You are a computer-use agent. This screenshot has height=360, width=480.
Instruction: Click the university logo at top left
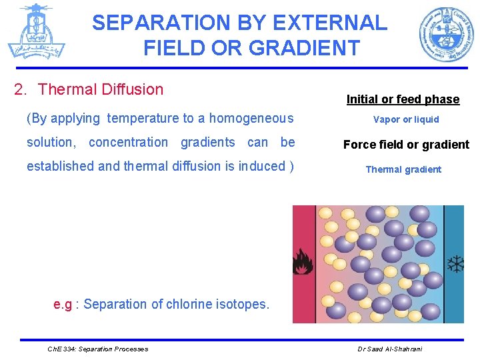(x=36, y=31)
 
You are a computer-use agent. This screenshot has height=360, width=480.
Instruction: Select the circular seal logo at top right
(x=447, y=33)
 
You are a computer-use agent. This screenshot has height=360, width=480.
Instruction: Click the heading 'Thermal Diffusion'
(x=101, y=89)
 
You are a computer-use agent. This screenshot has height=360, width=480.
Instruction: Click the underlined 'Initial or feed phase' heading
(x=403, y=99)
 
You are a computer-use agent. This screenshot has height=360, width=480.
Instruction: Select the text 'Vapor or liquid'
(x=406, y=119)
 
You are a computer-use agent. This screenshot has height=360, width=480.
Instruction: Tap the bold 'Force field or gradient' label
(x=406, y=145)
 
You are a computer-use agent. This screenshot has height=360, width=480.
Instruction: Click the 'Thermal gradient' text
(x=403, y=169)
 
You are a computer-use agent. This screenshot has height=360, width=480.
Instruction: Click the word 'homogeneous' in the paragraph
(x=251, y=119)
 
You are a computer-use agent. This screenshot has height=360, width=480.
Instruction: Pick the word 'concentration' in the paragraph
(x=128, y=142)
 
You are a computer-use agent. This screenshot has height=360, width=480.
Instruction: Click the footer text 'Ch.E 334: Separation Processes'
(x=98, y=349)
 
